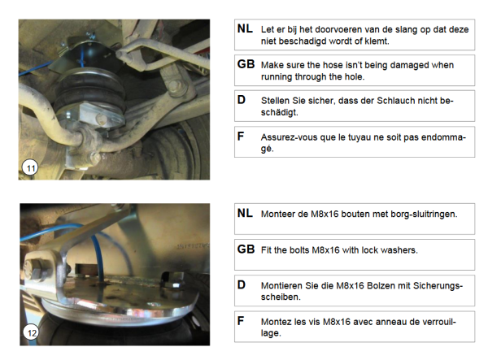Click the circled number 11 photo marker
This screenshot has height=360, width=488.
pyautogui.click(x=30, y=168)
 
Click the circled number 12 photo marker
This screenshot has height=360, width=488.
pyautogui.click(x=32, y=332)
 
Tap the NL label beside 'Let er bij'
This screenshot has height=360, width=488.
pyautogui.click(x=245, y=28)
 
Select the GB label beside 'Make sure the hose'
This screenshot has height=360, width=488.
pyautogui.click(x=246, y=64)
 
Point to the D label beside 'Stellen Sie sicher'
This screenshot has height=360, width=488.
pyautogui.click(x=242, y=100)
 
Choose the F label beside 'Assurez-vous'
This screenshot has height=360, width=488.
pyautogui.click(x=241, y=136)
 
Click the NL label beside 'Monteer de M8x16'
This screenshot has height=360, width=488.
pyautogui.click(x=245, y=213)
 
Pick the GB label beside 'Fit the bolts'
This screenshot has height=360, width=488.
pyautogui.click(x=246, y=249)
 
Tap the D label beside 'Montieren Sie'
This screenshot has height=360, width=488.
pyautogui.click(x=242, y=284)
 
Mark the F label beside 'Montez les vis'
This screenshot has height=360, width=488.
pyautogui.click(x=241, y=320)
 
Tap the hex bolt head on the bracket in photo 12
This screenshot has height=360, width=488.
pyautogui.click(x=33, y=270)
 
